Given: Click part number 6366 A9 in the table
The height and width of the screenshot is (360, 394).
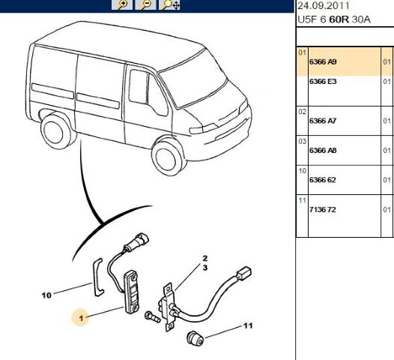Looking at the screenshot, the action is (323, 62).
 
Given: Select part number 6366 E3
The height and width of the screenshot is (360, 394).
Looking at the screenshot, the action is (323, 82).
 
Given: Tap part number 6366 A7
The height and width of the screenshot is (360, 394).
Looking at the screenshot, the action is (323, 121).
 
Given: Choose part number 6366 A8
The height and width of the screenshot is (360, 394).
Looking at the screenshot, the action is (323, 151).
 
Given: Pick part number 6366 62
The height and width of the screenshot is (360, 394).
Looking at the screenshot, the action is (323, 180).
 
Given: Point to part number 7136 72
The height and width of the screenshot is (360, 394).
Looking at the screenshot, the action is (323, 209).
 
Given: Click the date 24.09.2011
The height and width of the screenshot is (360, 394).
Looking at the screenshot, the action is (324, 6).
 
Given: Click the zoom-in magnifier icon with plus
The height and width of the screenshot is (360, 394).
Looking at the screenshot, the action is (122, 4).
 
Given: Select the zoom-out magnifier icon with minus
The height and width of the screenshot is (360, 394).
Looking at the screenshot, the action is (145, 4).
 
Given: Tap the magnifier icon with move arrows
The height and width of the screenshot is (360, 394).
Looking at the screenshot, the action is (169, 4).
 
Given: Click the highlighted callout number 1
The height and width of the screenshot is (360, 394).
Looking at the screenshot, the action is (81, 318).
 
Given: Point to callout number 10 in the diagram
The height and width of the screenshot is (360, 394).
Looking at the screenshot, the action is (46, 295).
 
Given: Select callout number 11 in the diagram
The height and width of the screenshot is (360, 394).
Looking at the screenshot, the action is (248, 325).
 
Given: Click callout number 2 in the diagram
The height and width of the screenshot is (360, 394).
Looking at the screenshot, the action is (205, 258).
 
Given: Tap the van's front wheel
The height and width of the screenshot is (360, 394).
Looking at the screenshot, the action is (168, 157).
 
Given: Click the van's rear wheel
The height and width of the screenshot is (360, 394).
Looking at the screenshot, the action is (55, 130).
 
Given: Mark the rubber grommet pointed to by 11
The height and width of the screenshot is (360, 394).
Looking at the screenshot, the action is (196, 337).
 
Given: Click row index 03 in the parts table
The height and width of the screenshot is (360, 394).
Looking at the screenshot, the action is (303, 142).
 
